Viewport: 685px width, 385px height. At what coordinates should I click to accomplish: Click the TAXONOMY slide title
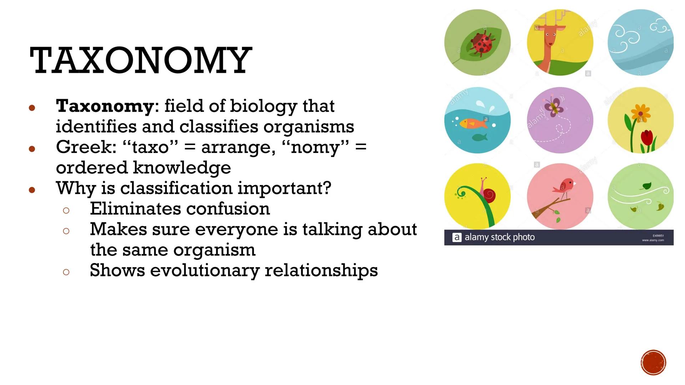[x=141, y=61]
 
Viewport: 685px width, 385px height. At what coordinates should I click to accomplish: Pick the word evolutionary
[x=204, y=270]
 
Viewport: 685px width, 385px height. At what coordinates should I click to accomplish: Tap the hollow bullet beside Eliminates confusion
[x=66, y=210]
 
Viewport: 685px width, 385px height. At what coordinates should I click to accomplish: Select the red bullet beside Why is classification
[x=32, y=190]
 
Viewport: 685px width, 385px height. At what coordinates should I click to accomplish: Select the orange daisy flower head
[x=641, y=113]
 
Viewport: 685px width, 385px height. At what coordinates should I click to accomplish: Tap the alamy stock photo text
[x=499, y=237]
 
